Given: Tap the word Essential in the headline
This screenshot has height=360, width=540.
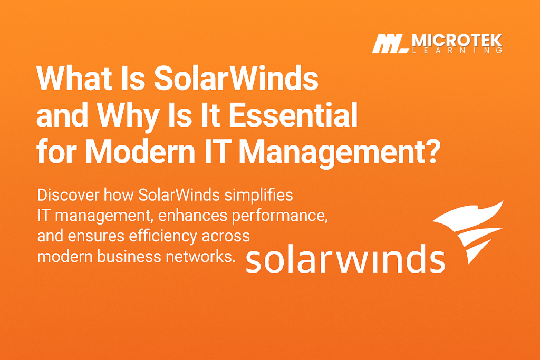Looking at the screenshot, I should (x=295, y=116).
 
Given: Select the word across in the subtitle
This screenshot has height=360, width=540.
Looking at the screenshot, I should (x=229, y=236).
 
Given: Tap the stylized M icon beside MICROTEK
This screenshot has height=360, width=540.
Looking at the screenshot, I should (x=389, y=44).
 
